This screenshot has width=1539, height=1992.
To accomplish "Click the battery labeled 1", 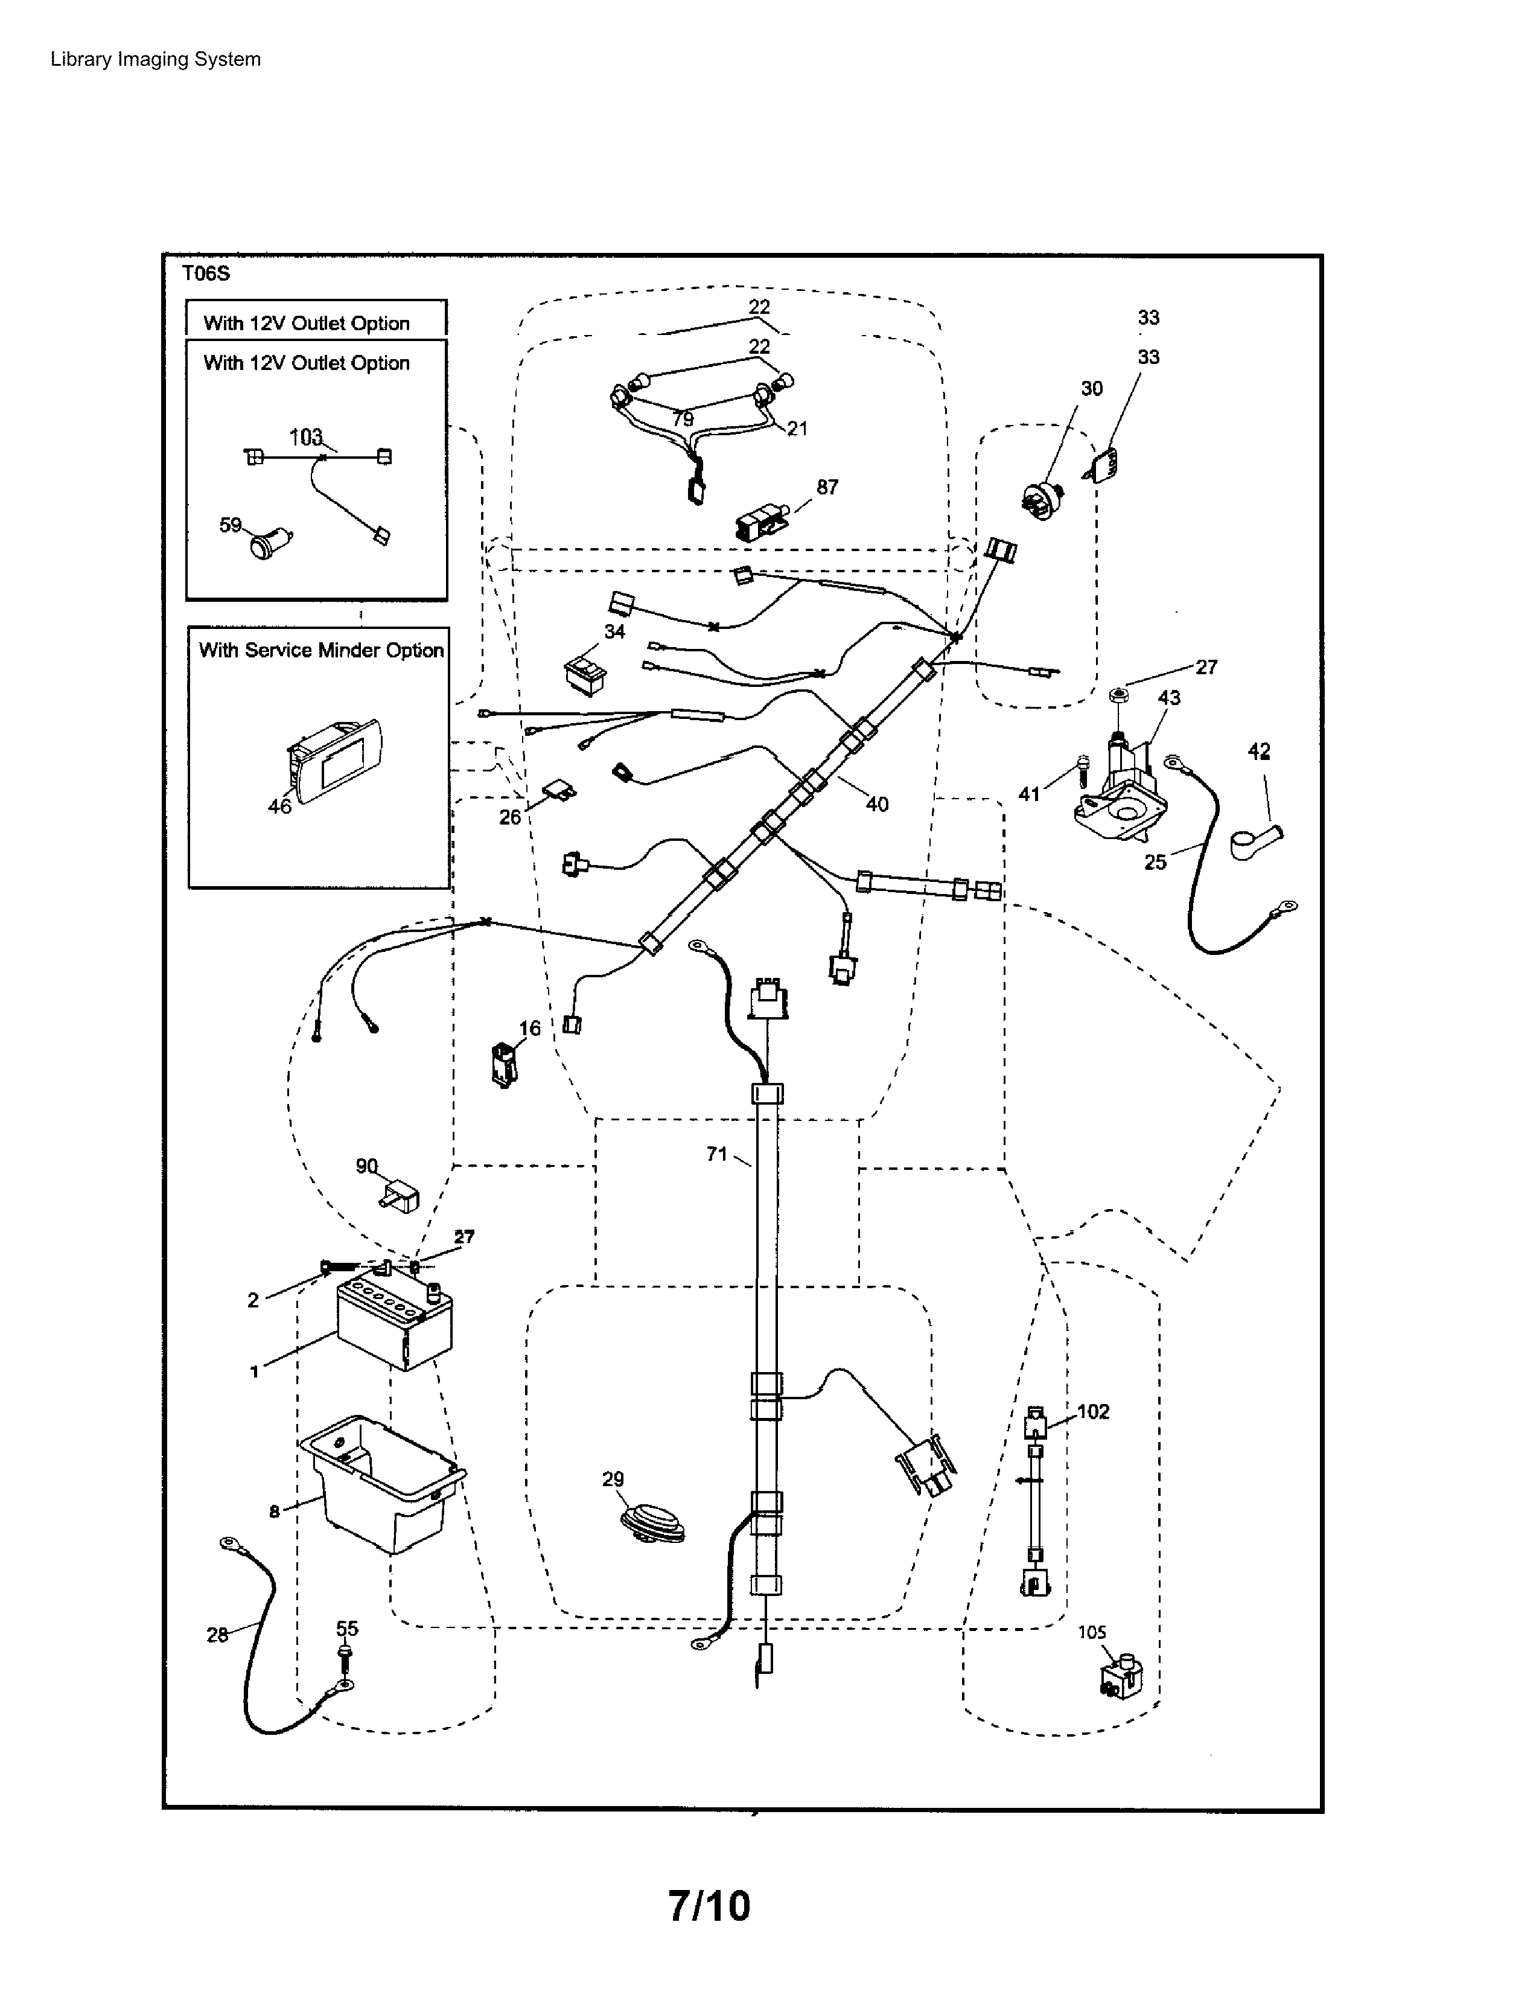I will (x=394, y=1323).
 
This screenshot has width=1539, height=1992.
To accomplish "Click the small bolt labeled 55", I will (x=346, y=1655).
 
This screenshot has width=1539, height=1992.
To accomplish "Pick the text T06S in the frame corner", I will (x=206, y=273).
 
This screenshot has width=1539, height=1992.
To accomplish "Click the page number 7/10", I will (x=709, y=1905).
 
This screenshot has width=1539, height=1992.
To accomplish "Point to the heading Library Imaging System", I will (x=156, y=59).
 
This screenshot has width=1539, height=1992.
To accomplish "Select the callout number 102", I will (x=1093, y=1411).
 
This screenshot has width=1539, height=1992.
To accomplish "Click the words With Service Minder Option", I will (x=321, y=650).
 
